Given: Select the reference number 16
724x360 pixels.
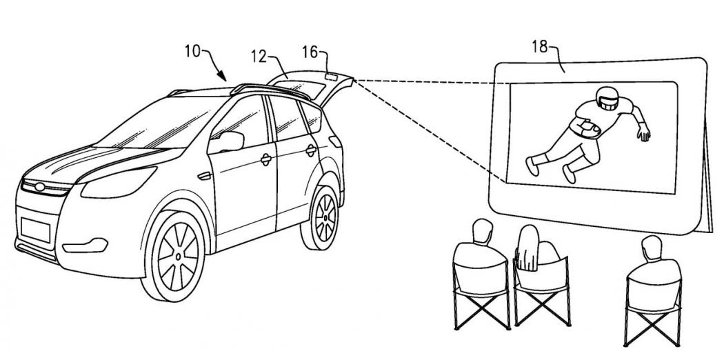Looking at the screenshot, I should pyautogui.click(x=310, y=52).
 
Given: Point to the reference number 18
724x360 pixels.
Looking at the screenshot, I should pyautogui.click(x=540, y=48).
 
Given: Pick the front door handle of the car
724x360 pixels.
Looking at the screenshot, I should pyautogui.click(x=265, y=160).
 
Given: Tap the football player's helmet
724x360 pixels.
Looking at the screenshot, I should pyautogui.click(x=605, y=99).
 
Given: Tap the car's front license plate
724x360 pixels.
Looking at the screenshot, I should pyautogui.click(x=32, y=227).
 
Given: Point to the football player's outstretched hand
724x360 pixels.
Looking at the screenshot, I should pyautogui.click(x=644, y=134).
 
